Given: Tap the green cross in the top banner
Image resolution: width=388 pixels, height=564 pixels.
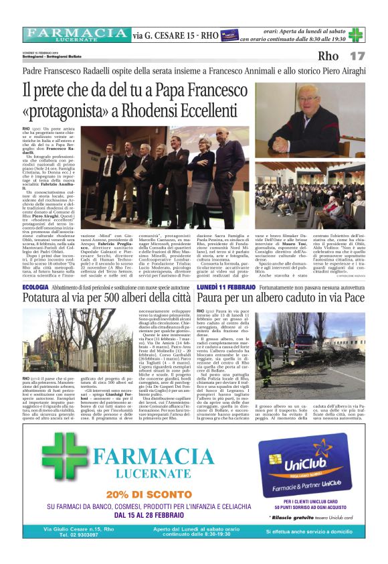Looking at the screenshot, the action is click(x=356, y=35).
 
